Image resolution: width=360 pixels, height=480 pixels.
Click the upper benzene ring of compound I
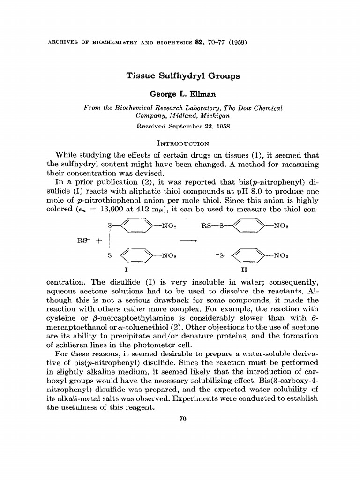tap(135, 226)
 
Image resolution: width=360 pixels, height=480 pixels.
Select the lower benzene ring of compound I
tap(135, 256)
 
